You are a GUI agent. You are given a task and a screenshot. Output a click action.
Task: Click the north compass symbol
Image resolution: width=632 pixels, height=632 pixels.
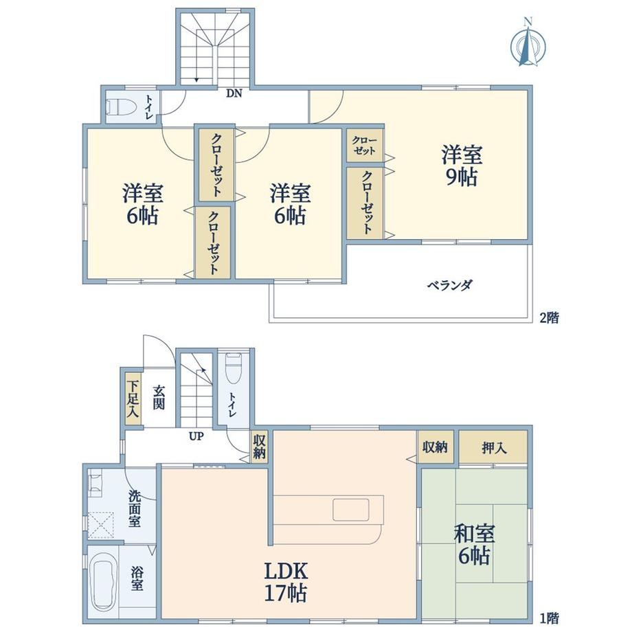point(528,42)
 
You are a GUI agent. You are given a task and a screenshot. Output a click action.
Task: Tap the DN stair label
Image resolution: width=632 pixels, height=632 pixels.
point(234,93)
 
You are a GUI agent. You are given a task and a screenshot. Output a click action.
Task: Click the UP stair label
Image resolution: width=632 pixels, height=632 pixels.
point(196,436)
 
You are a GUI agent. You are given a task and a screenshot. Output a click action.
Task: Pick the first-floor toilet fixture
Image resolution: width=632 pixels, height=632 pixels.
point(234,368)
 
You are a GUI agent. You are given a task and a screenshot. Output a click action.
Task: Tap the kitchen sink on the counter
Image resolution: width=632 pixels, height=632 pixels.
point(351,510)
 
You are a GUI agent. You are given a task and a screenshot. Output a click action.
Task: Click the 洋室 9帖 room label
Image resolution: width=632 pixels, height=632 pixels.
point(462,166)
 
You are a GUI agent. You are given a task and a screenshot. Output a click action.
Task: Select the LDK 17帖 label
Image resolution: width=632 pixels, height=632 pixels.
point(286,582)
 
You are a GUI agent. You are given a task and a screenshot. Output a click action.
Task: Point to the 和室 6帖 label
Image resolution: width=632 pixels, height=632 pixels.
point(474,544)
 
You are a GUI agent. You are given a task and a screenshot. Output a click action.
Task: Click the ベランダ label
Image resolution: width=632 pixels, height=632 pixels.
point(450,285)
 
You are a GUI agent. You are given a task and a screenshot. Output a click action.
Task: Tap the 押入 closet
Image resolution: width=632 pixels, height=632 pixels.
point(493,447)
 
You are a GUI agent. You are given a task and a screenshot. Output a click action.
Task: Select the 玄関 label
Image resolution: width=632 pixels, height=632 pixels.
point(159,398)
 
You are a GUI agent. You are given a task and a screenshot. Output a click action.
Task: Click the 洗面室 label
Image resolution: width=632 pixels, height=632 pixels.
point(135,508)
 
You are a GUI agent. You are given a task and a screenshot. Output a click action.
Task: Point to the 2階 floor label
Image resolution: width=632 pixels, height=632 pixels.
point(550,318)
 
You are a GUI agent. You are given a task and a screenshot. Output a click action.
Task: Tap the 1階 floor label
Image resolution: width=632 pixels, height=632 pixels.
point(550,618)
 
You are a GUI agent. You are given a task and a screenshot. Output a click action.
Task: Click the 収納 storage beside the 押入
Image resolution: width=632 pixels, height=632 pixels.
point(436,447)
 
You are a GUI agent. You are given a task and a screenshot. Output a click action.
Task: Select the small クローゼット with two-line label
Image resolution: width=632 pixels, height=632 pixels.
point(364,146)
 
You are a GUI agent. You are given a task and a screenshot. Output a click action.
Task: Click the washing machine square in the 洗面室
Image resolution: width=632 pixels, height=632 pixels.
point(101,525)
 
